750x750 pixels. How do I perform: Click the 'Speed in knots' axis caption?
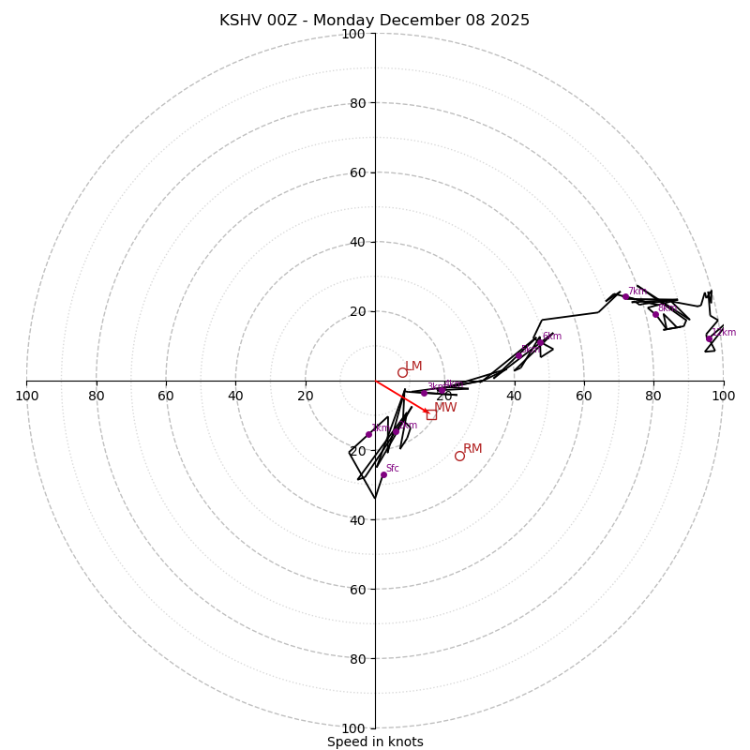375,742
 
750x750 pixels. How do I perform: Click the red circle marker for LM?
402,372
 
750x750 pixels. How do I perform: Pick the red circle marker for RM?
459,456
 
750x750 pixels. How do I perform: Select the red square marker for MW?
431,414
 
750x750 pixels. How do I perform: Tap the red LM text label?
413,367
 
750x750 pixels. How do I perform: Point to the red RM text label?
472,449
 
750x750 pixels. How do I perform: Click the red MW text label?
445,408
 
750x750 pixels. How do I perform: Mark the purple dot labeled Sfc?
383,474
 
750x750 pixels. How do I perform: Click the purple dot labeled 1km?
368,434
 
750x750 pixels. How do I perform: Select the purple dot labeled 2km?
396,431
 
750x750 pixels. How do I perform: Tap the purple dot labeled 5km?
518,355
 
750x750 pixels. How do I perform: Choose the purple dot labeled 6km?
539,342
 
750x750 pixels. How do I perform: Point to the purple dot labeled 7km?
625,297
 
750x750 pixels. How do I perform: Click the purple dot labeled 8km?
655,314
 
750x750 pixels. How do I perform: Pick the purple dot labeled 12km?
709,338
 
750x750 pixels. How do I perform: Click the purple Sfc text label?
392,468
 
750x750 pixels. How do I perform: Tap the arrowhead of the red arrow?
427,411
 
